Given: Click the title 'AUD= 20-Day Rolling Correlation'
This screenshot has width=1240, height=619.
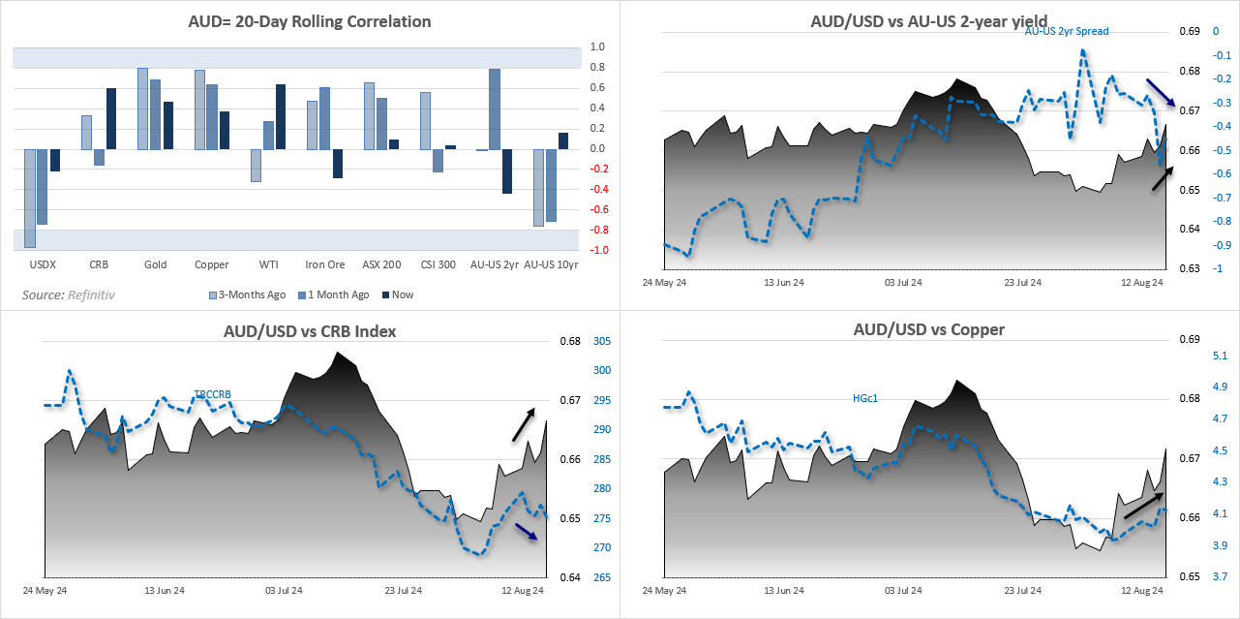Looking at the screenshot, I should [x=310, y=20].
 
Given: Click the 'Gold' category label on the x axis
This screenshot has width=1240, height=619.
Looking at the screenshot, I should [x=155, y=264].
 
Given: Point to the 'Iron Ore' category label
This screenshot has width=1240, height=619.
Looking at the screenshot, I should [x=325, y=264].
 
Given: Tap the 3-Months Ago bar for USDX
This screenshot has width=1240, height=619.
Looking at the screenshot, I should [x=30, y=199].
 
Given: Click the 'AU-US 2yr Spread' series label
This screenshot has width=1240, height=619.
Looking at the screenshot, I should [x=1067, y=31].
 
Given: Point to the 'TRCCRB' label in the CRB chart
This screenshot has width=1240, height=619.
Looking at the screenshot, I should [x=212, y=394].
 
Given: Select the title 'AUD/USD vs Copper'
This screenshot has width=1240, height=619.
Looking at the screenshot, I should [x=928, y=329].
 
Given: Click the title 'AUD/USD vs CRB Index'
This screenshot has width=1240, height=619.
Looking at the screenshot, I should [x=310, y=331].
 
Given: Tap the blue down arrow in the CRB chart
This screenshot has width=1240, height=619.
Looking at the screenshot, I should [x=527, y=532].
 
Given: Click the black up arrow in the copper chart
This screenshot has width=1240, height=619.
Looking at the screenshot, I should [x=1143, y=505].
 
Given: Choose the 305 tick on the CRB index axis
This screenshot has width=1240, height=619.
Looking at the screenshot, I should [x=601, y=341].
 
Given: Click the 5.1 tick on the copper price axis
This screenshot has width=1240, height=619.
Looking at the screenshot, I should [x=1221, y=356].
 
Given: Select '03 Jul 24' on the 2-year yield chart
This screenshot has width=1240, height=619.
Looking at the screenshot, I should [x=902, y=283].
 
